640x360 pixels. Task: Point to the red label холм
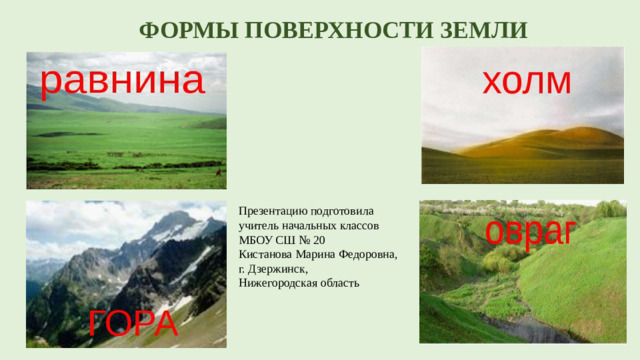(x=526, y=79)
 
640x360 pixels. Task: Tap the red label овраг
(x=528, y=229)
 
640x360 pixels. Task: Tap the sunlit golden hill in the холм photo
(x=540, y=140)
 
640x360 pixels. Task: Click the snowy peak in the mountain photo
(x=173, y=221)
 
